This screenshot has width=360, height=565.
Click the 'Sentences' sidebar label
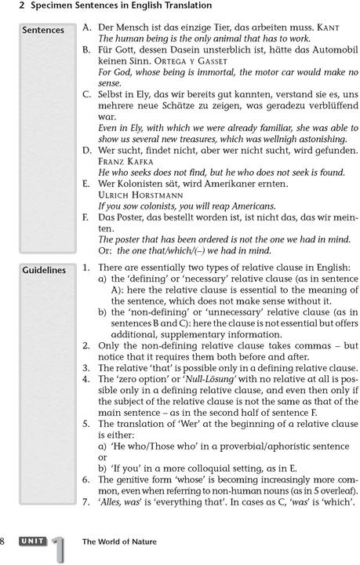pyautogui.click(x=43, y=31)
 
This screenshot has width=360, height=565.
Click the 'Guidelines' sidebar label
pyautogui.click(x=44, y=270)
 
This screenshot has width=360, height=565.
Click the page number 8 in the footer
pyautogui.click(x=4, y=541)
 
